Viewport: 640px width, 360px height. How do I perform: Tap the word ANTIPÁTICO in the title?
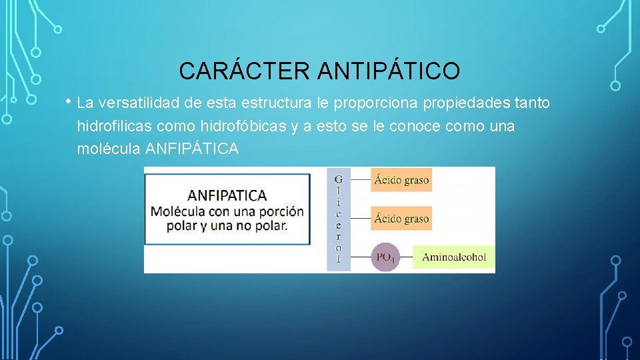pyautogui.click(x=389, y=71)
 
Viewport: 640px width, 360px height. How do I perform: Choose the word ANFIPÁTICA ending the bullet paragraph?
pyautogui.click(x=191, y=149)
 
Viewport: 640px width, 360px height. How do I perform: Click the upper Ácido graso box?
pyautogui.click(x=401, y=179)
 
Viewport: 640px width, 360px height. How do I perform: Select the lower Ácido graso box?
pyautogui.click(x=401, y=218)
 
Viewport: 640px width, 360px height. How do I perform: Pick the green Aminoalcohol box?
pyautogui.click(x=454, y=257)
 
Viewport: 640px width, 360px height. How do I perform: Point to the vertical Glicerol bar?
pyautogui.click(x=338, y=219)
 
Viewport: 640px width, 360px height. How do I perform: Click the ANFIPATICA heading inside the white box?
pyautogui.click(x=227, y=195)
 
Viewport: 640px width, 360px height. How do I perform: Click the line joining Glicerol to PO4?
pyautogui.click(x=361, y=257)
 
